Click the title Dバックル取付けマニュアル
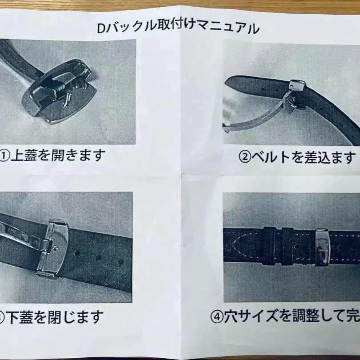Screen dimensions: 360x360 point(178,28)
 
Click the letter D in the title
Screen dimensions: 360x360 point(101,28)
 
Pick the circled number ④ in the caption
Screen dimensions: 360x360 point(216,316)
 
